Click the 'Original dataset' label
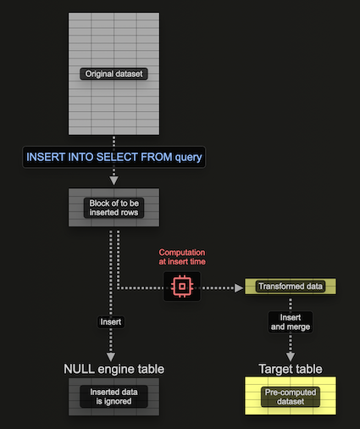point(114,74)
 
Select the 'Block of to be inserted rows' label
point(114,208)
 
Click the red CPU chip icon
point(180,287)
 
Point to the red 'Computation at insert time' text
point(182,257)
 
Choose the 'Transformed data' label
point(290,287)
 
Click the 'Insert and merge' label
point(291,321)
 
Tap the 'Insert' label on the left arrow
point(111,322)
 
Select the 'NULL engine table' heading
point(114,369)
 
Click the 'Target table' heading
point(291,369)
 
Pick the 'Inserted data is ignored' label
point(114,397)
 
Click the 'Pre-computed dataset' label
point(291,397)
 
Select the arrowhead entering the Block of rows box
point(114,181)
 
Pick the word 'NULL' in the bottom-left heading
point(80,369)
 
